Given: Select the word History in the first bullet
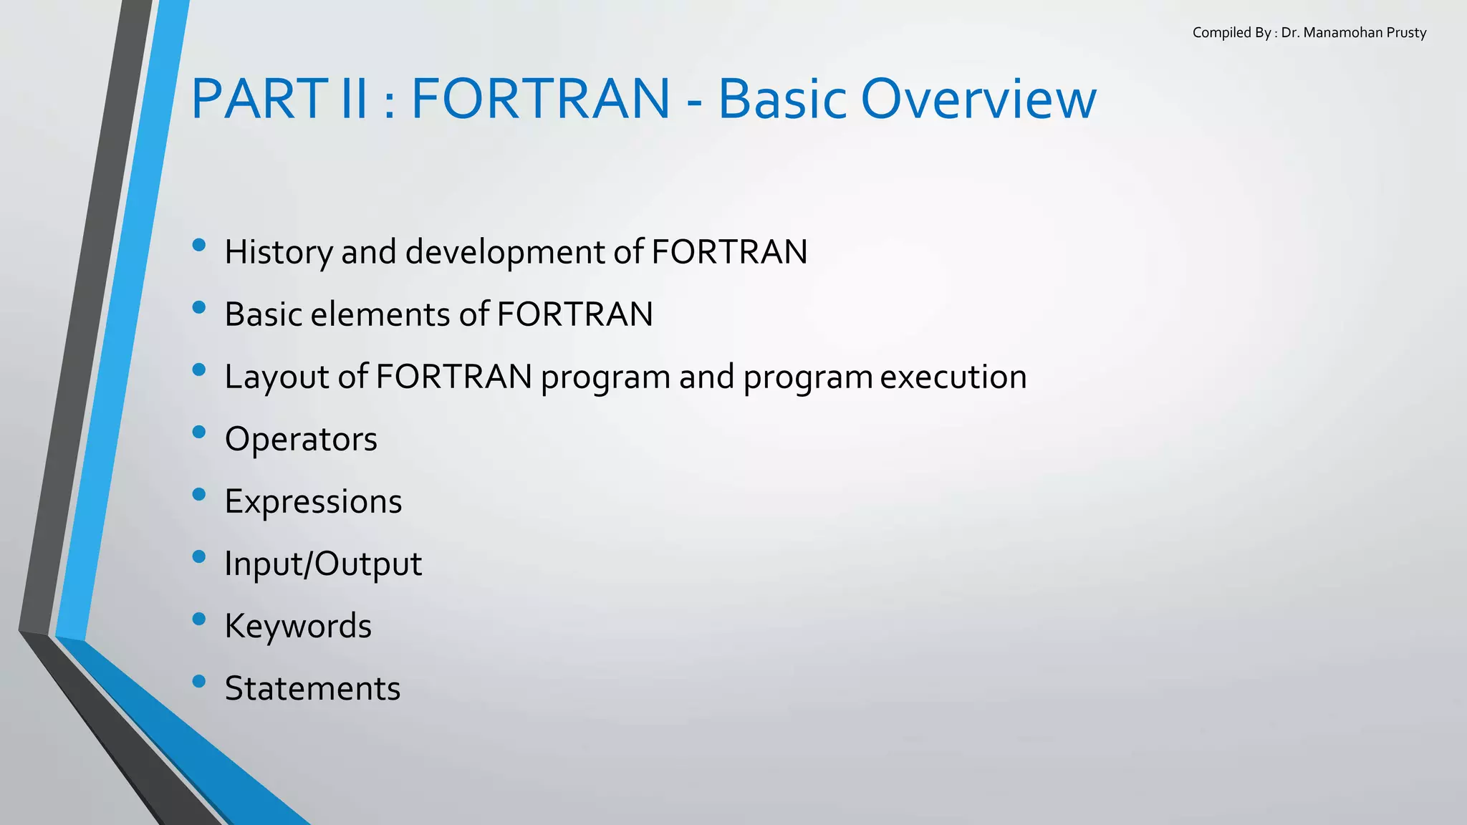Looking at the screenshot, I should pyautogui.click(x=279, y=252).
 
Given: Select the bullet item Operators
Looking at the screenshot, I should pyautogui.click(x=301, y=439).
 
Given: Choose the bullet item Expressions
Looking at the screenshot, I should pyautogui.click(x=313, y=501).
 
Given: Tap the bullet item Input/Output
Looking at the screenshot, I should pyautogui.click(x=323, y=564).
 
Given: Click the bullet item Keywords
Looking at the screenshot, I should pyautogui.click(x=298, y=626).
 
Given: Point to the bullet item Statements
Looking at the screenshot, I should pyautogui.click(x=312, y=688).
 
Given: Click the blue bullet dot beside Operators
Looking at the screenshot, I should pyautogui.click(x=199, y=432).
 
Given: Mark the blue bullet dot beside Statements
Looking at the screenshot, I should pyautogui.click(x=199, y=681).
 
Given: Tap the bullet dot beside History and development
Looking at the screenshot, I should pyautogui.click(x=199, y=245).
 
